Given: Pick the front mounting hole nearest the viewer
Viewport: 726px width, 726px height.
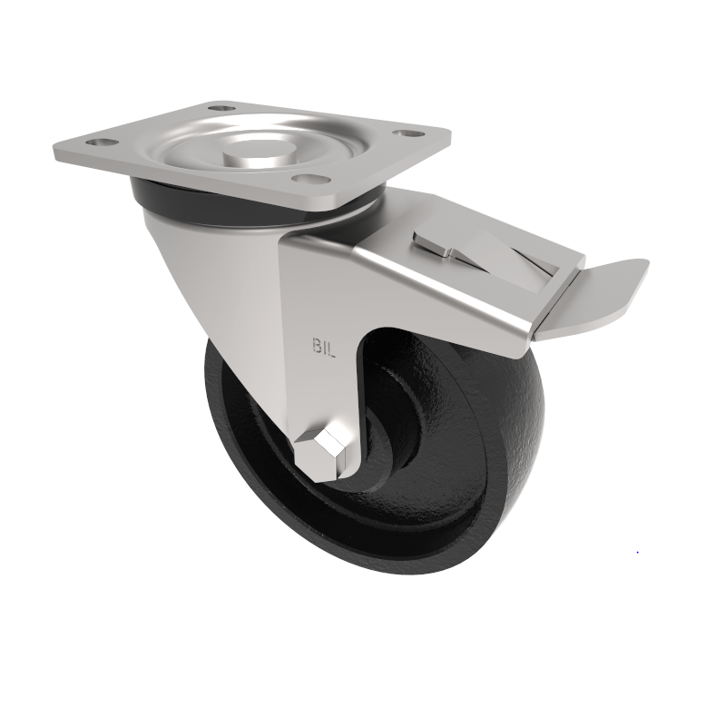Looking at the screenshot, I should click(313, 181).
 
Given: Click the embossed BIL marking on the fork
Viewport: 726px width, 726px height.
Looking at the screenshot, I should click(324, 347).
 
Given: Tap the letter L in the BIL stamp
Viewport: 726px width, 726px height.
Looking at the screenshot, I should click(333, 347).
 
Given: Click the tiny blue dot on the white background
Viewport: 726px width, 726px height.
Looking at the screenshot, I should click(637, 552).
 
